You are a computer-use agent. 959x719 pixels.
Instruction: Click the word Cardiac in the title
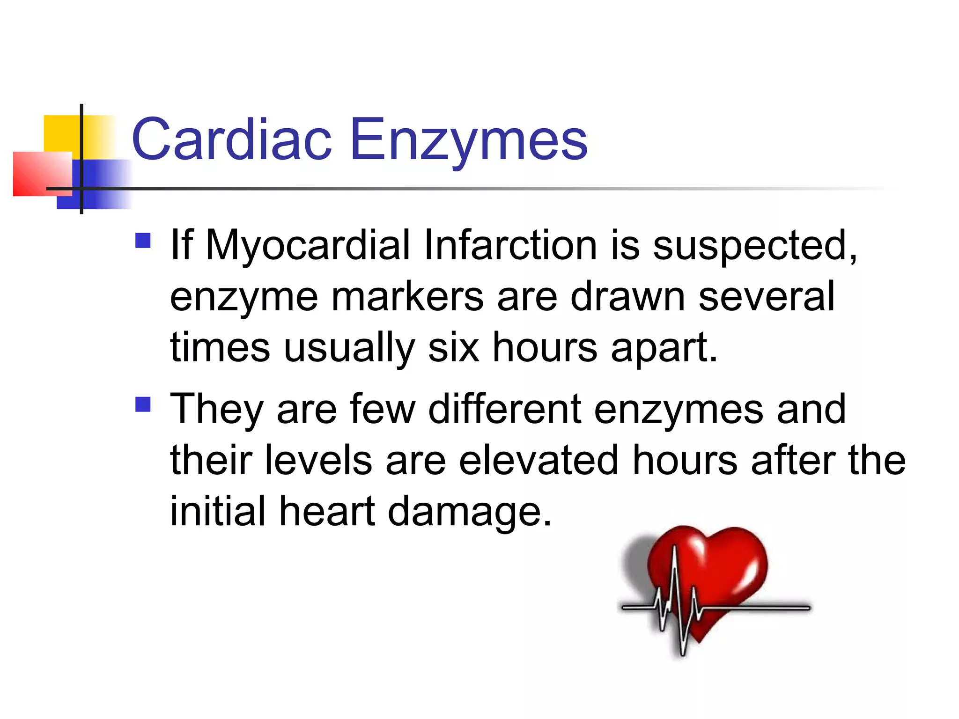click(x=232, y=139)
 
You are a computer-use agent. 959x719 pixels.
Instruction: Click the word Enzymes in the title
click(x=468, y=139)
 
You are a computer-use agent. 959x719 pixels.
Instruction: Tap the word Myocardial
click(x=308, y=245)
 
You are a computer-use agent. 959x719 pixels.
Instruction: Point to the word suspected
click(x=754, y=245)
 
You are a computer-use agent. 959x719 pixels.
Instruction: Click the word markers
click(x=407, y=297)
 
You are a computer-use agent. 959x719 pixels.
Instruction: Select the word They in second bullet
click(x=216, y=410)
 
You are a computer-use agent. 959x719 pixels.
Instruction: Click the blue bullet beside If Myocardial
click(x=143, y=241)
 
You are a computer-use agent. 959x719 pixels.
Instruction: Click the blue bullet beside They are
click(x=143, y=404)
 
